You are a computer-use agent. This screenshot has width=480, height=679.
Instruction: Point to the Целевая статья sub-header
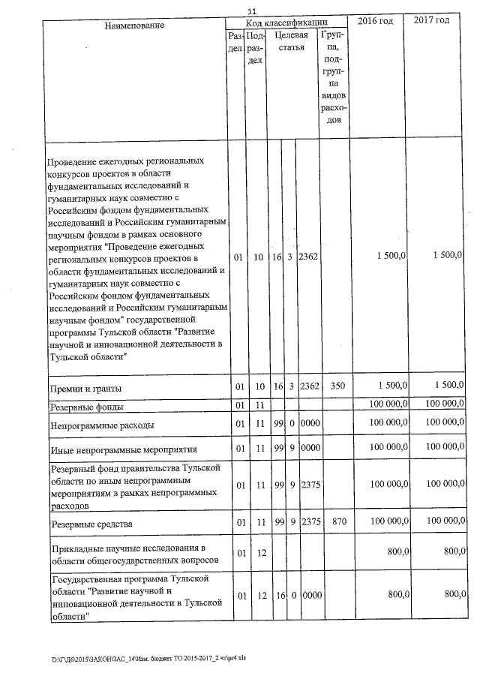point(289,41)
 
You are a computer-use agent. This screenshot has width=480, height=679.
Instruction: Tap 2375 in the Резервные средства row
point(309,520)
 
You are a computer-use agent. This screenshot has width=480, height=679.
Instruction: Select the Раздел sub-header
point(235,41)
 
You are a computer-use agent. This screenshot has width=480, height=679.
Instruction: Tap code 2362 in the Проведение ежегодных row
point(309,257)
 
